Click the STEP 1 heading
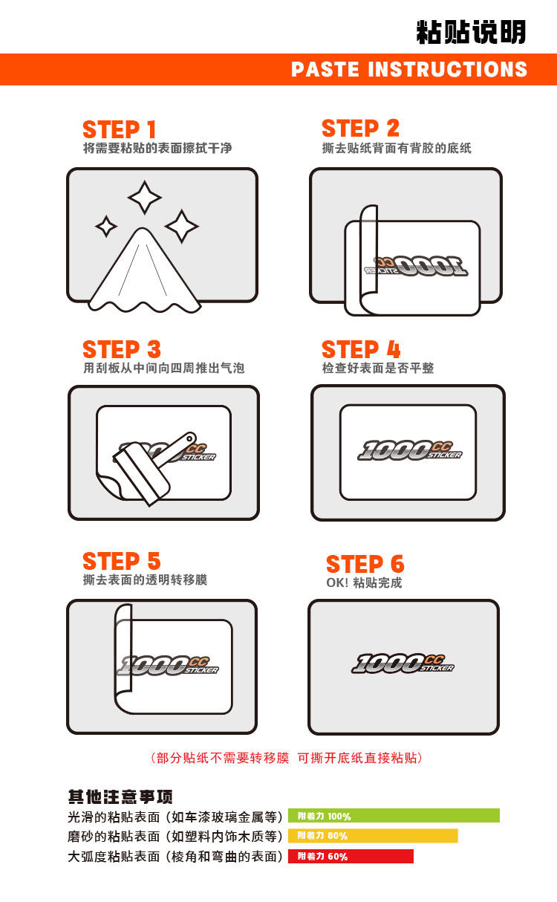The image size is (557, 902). coord(119,129)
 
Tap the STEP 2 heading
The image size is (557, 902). coord(361,129)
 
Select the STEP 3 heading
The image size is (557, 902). coord(122,349)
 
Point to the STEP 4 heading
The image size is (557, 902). coord(361,349)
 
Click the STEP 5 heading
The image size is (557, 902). coord(122,561)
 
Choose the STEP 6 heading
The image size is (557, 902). coord(365,564)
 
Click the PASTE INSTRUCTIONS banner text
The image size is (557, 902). coord(409,69)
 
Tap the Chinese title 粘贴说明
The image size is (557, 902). coord(472,32)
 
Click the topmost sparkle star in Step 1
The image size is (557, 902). coord(145,198)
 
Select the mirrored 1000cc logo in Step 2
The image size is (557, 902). coord(416,266)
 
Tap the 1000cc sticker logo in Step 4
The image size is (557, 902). coord(410,450)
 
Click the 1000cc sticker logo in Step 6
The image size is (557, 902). coord(403,663)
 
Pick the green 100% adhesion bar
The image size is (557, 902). coord(394,816)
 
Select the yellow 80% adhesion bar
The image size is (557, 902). coord(373,836)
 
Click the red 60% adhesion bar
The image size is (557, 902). coord(351,856)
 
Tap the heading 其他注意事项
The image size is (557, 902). coord(120,796)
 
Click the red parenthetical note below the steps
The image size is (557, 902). coord(287,758)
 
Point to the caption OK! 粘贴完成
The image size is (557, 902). coord(364,583)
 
